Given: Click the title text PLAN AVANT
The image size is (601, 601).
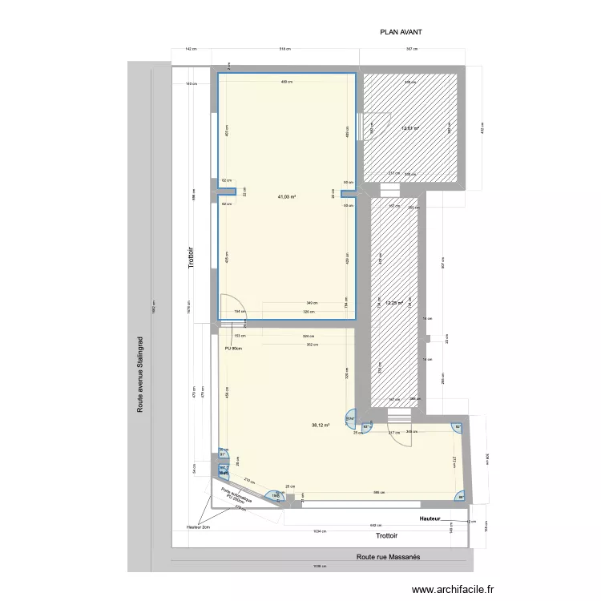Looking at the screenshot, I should point(401,33).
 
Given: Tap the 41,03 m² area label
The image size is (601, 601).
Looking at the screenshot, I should point(287,196).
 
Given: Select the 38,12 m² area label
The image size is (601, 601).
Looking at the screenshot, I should point(321,426).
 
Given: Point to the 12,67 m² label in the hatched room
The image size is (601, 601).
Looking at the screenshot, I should point(410,128).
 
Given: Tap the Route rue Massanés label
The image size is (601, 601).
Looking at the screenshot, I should point(388,556).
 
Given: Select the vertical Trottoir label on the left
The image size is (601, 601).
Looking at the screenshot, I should point(192,260).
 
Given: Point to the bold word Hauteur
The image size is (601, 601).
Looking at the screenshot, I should point(430,518).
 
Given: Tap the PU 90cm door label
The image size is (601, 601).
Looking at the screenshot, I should point(233,348).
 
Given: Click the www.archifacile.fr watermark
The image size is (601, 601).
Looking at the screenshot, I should point(453,590).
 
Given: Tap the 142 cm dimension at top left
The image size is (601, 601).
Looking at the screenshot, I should point(190,50).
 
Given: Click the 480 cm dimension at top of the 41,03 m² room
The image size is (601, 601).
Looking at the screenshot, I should point(285,83).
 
